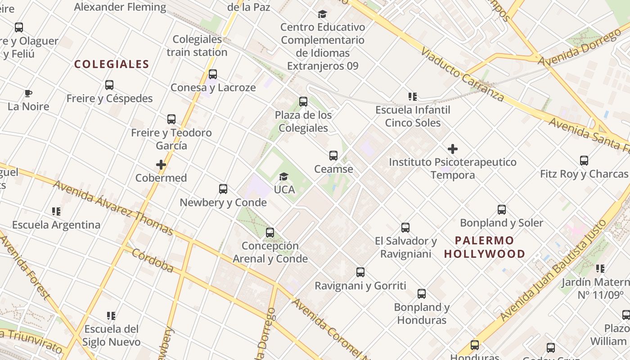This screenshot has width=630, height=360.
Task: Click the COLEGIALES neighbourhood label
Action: click(112, 64)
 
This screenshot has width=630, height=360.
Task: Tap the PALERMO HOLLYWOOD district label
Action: click(484, 247)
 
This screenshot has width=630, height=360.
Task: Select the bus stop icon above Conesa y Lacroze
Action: click(213, 74)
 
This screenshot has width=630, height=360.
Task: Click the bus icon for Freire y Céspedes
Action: click(109, 85)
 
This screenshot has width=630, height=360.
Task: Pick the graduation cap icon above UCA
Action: click(283, 176)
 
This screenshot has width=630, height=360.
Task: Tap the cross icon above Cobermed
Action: click(161, 165)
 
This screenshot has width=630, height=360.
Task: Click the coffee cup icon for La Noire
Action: click(28, 94)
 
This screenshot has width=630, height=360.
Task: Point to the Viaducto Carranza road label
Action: click(462, 74)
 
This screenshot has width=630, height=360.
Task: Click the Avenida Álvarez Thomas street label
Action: click(113, 208)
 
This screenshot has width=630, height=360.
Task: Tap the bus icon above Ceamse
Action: click(333, 156)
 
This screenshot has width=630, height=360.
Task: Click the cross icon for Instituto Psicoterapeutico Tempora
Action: click(453, 149)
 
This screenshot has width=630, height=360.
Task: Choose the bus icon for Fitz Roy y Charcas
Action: click(584, 161)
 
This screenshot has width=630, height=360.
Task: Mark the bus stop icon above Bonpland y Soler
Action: click(502, 210)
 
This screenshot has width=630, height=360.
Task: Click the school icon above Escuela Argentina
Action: click(56, 211)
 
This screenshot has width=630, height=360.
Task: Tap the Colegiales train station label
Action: click(197, 45)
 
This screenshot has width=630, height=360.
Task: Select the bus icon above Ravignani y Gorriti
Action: click(360, 272)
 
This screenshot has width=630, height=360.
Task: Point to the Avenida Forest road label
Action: click(25, 266)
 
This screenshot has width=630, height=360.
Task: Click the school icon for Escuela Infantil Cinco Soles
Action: click(413, 97)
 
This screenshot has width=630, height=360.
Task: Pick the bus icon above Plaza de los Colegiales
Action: click(303, 102)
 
